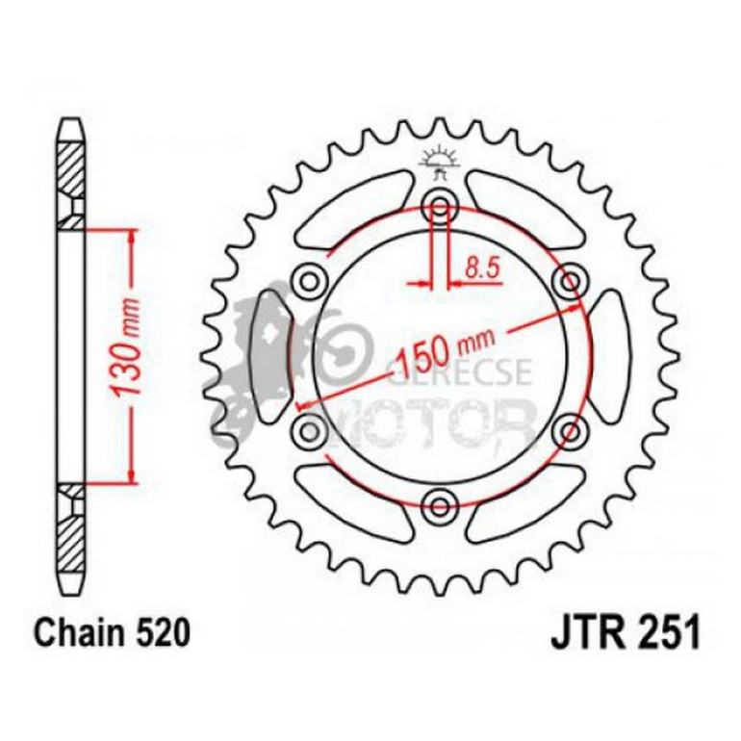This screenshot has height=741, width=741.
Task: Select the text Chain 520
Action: (x=107, y=633)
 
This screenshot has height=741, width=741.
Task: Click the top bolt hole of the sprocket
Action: (x=441, y=204)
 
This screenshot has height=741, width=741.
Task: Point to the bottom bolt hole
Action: (x=441, y=501)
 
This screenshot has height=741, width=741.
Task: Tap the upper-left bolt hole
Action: (x=311, y=280)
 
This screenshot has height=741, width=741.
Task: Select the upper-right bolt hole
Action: (x=571, y=280)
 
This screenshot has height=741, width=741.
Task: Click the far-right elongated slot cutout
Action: (x=608, y=354)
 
